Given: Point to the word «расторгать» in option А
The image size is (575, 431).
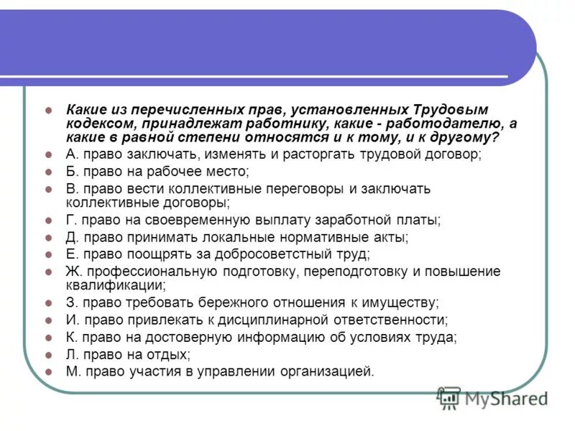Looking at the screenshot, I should click(x=319, y=154).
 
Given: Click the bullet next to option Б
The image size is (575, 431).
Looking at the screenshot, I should click(x=48, y=172).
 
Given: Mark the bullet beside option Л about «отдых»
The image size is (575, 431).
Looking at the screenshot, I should click(x=48, y=354).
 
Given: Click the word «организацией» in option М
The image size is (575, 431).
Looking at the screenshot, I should click(x=329, y=371).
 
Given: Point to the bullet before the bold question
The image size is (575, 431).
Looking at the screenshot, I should click(x=48, y=111).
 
